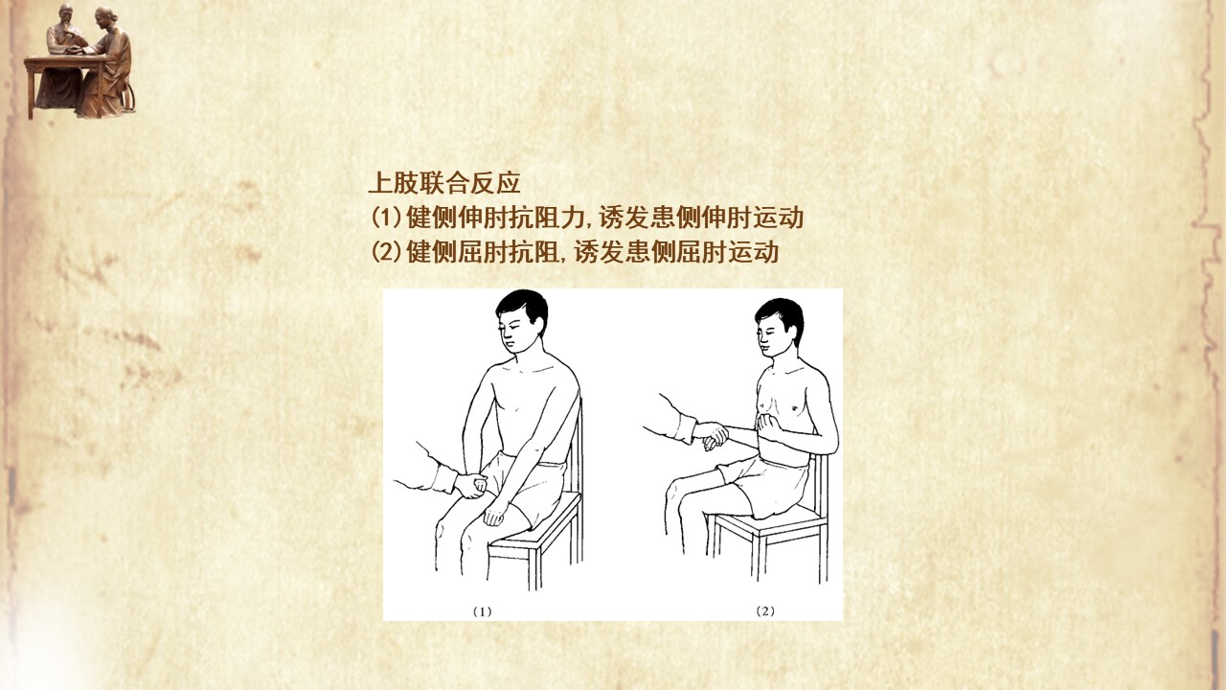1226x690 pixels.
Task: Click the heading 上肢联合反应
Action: point(444,183)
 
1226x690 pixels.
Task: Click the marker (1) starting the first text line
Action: point(387,218)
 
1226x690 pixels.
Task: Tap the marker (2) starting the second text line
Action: point(387,252)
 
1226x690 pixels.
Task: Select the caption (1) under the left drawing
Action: point(482,611)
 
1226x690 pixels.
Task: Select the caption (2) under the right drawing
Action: point(765,611)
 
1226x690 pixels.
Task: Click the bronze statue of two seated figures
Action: point(79,61)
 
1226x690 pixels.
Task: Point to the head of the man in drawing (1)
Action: point(520,321)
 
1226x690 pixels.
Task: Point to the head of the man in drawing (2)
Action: point(779,328)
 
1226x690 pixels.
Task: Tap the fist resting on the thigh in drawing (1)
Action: point(495,516)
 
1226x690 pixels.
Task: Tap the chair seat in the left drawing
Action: point(535,521)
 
